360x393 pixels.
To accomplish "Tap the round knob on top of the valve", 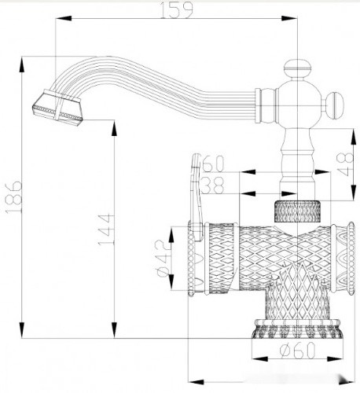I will [299, 69].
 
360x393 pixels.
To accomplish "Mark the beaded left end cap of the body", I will [193, 260].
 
